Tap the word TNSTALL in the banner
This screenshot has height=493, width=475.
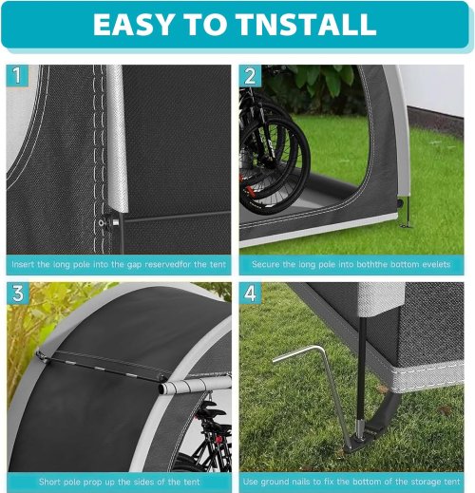[306, 25]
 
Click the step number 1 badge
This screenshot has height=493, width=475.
[17, 75]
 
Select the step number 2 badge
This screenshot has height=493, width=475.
[250, 76]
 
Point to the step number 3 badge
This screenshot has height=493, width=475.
[18, 294]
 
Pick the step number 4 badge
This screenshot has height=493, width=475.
[250, 294]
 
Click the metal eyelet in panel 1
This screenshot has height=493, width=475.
[102, 222]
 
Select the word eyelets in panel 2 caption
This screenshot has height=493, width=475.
[436, 264]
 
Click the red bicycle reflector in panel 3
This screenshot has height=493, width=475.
[218, 440]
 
